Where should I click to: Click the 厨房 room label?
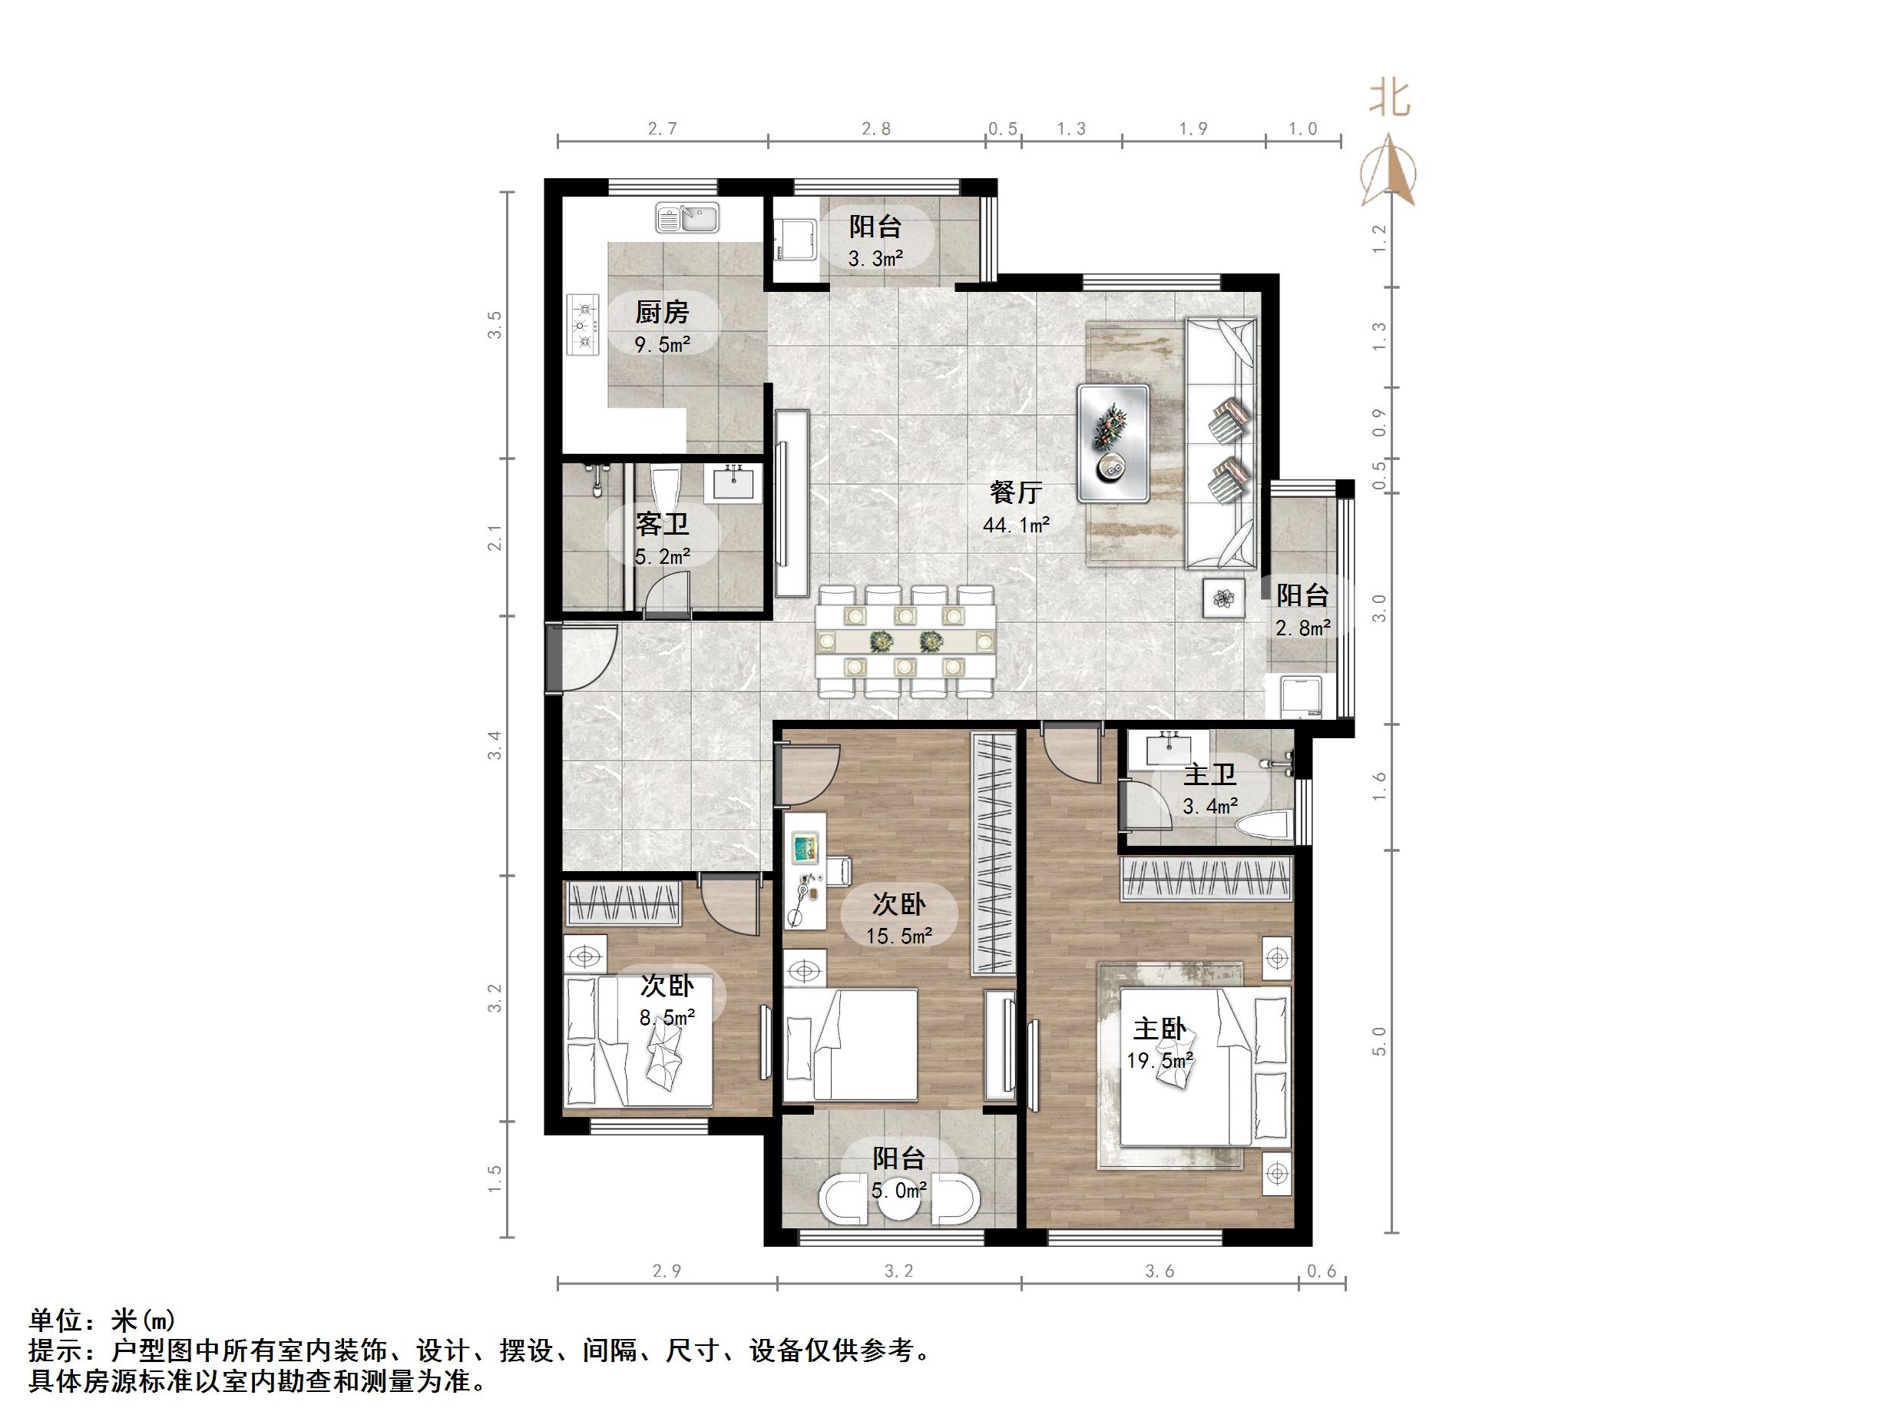tap(662, 312)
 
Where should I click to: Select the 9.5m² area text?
tap(662, 345)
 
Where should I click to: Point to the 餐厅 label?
tap(1016, 492)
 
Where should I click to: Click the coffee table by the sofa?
tap(1113, 443)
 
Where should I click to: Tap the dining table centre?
tap(905, 641)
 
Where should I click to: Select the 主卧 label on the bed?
tap(1160, 1028)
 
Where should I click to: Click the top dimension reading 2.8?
tap(875, 129)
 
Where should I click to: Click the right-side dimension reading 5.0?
tap(1378, 1041)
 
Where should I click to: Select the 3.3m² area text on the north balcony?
tap(875, 259)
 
